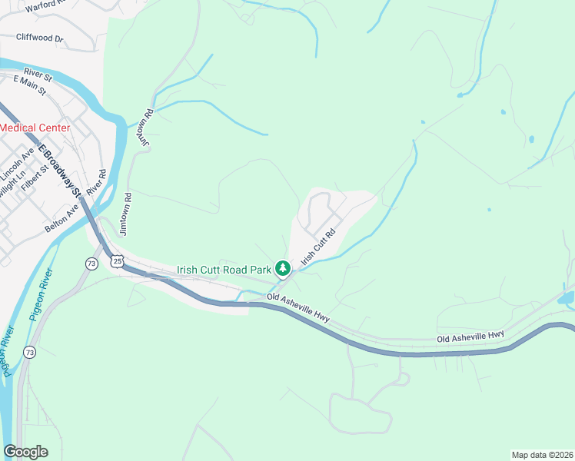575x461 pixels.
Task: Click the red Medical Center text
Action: [x=35, y=128]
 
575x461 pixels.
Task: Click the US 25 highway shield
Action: [x=117, y=261]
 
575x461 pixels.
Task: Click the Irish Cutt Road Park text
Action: [x=224, y=270]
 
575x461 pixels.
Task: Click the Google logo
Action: [x=25, y=452]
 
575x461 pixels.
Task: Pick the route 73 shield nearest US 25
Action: [x=91, y=264]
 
